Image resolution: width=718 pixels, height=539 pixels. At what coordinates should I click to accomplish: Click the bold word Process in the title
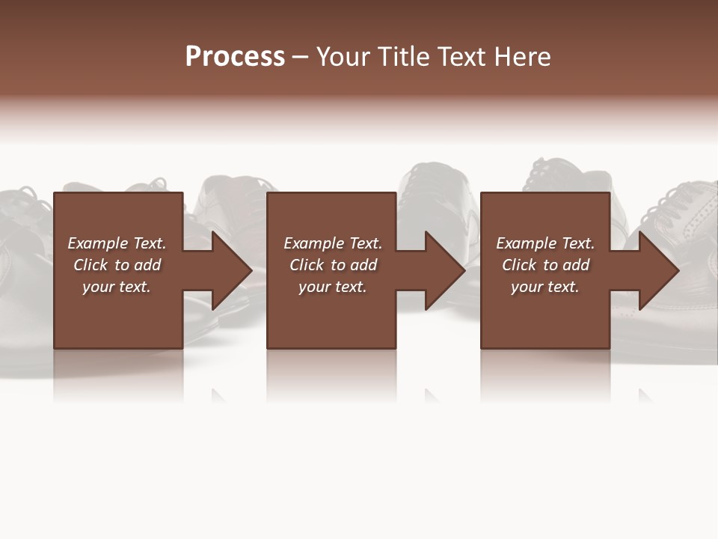pyautogui.click(x=235, y=57)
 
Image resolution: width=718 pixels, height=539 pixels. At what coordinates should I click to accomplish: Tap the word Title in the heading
pyautogui.click(x=402, y=57)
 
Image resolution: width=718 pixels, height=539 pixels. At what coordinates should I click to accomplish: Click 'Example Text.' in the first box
pyautogui.click(x=117, y=243)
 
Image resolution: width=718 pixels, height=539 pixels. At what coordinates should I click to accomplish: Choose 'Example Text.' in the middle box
pyautogui.click(x=333, y=243)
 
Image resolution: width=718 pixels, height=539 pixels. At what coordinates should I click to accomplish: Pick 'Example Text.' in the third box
pyautogui.click(x=545, y=243)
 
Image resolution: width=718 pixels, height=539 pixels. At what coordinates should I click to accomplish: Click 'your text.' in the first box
pyautogui.click(x=117, y=287)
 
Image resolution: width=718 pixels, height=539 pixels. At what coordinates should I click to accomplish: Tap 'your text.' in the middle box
pyautogui.click(x=333, y=287)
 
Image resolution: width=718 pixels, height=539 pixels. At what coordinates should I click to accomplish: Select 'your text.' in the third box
pyautogui.click(x=545, y=287)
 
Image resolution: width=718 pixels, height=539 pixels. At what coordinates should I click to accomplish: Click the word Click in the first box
pyautogui.click(x=90, y=265)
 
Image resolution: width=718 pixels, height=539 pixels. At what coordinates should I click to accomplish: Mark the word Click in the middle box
pyautogui.click(x=307, y=265)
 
